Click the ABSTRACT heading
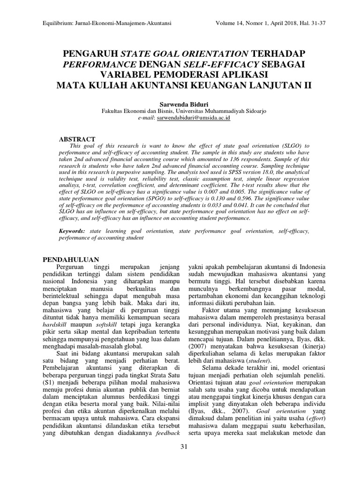[x=77, y=139]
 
